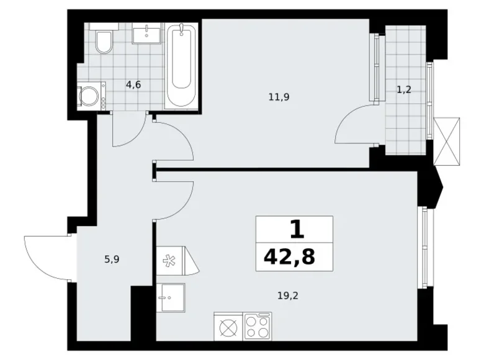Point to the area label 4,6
pyautogui.click(x=133, y=84)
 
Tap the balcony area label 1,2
pyautogui.click(x=404, y=89)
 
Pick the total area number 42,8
pyautogui.click(x=294, y=256)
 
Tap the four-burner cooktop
pyautogui.click(x=257, y=326)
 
